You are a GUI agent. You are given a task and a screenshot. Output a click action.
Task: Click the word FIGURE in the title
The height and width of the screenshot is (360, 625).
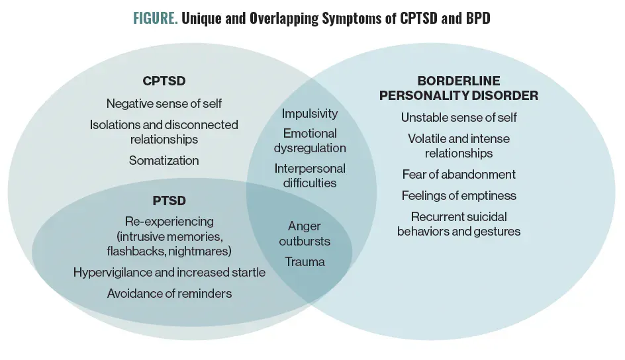(x=154, y=19)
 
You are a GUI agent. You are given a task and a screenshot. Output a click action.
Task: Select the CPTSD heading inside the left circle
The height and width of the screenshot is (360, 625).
(x=164, y=81)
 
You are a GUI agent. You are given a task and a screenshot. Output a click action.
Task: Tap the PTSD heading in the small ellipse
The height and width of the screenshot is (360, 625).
(x=169, y=200)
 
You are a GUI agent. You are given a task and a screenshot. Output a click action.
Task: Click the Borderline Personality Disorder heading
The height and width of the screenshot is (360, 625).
(x=458, y=88)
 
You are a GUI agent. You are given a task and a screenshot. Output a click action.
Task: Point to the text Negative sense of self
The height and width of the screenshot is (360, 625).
(x=164, y=103)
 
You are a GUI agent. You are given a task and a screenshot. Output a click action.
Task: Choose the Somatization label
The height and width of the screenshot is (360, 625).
(x=164, y=160)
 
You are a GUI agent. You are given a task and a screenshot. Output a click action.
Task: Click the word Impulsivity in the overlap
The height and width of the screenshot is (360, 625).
(x=310, y=114)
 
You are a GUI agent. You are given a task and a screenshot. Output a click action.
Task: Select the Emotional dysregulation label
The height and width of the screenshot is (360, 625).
(x=310, y=140)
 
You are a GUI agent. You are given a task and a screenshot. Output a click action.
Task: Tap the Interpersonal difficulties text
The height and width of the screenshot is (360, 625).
(x=310, y=175)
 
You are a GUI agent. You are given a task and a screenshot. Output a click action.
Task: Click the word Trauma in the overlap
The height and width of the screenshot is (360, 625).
(x=305, y=261)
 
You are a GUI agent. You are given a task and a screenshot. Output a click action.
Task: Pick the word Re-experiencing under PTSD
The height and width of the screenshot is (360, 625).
(x=169, y=221)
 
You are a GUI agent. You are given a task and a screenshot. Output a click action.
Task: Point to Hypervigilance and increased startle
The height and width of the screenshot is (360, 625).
(x=169, y=272)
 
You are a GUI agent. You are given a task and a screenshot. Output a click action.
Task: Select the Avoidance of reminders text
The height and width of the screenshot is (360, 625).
(x=169, y=293)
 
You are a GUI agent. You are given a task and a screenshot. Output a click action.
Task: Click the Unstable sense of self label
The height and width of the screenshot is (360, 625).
(x=459, y=117)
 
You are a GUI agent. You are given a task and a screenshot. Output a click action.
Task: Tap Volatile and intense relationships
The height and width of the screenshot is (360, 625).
(x=459, y=146)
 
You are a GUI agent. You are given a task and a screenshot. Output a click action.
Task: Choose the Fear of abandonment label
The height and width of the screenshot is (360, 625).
(x=459, y=175)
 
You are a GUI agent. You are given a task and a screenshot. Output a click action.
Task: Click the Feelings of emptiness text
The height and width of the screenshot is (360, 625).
(x=459, y=196)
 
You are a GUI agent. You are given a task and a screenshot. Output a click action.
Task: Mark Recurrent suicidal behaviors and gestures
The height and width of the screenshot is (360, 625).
(x=459, y=224)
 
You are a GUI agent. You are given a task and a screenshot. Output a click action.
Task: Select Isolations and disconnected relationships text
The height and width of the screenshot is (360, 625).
(x=164, y=132)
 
